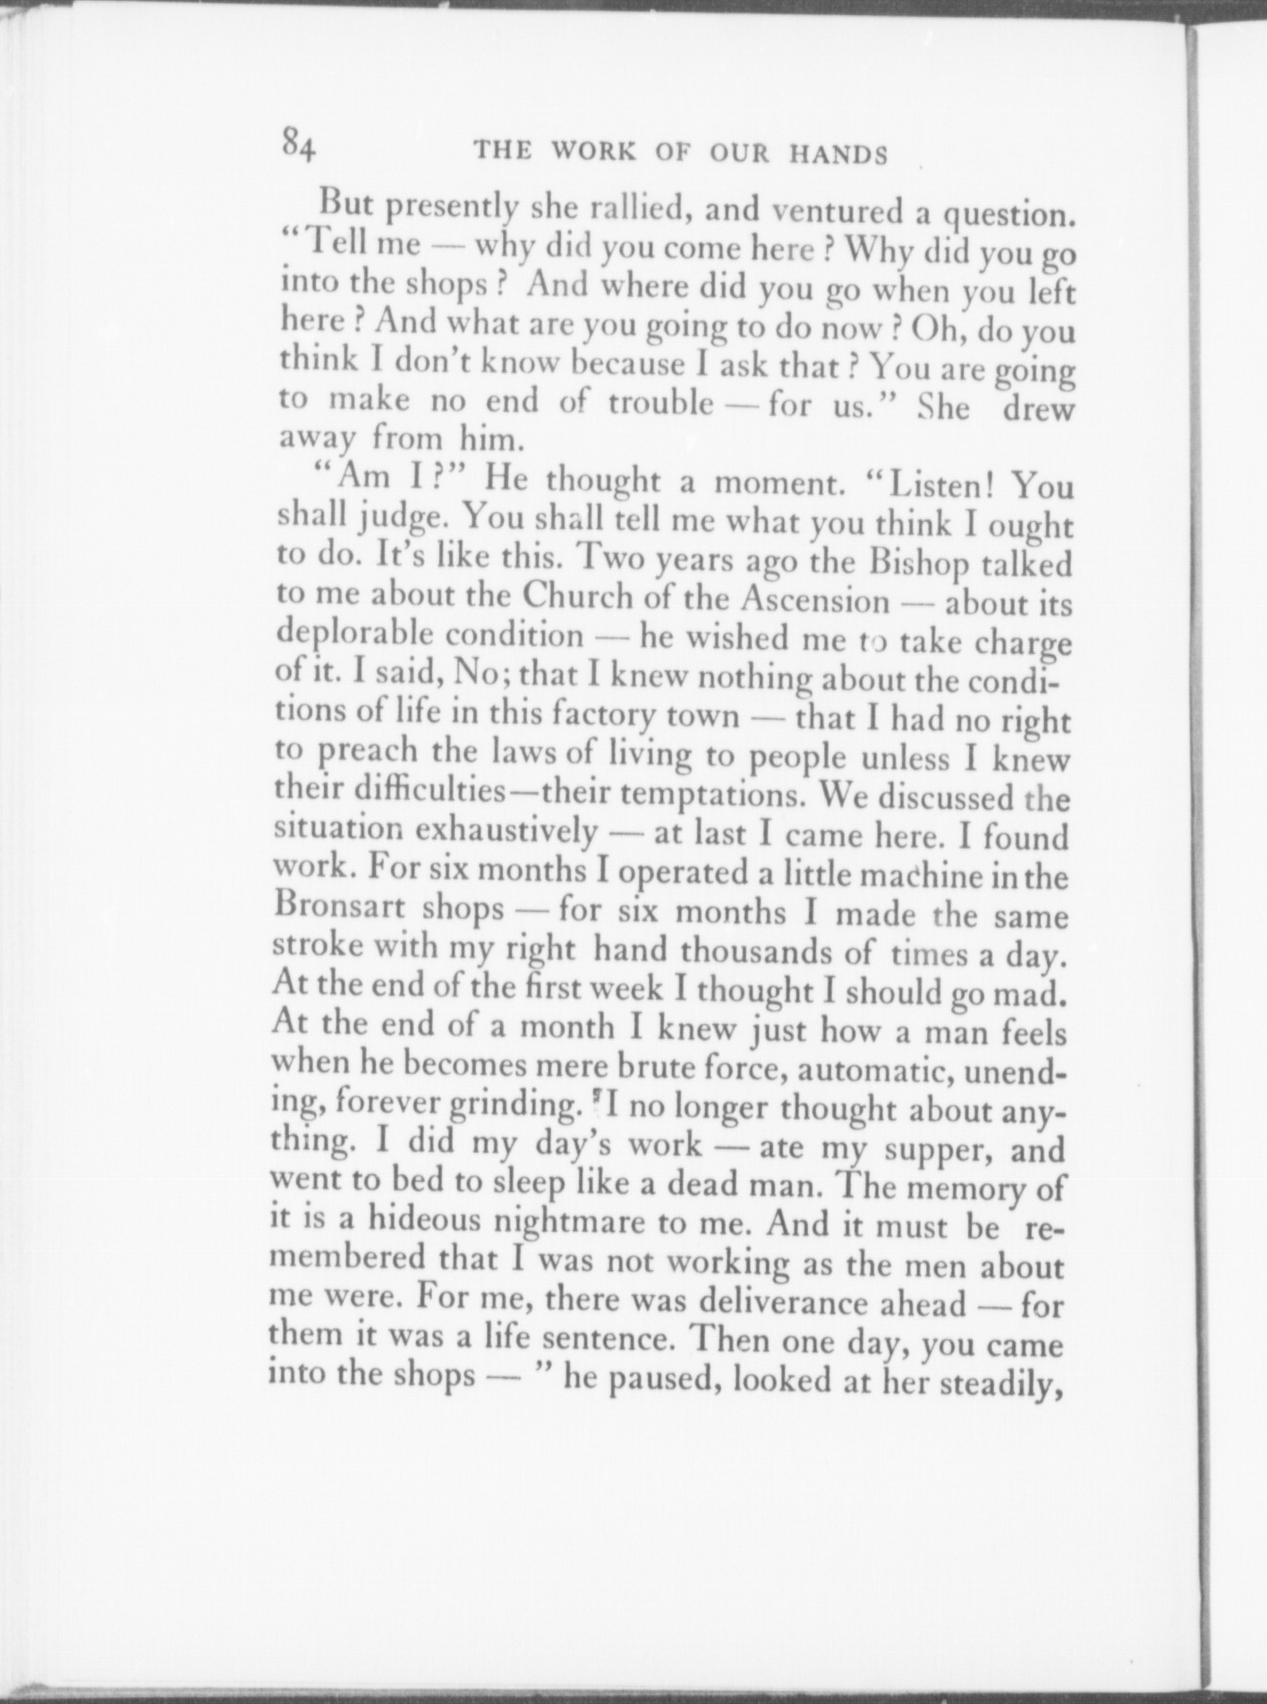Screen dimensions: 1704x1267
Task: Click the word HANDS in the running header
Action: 838,155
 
